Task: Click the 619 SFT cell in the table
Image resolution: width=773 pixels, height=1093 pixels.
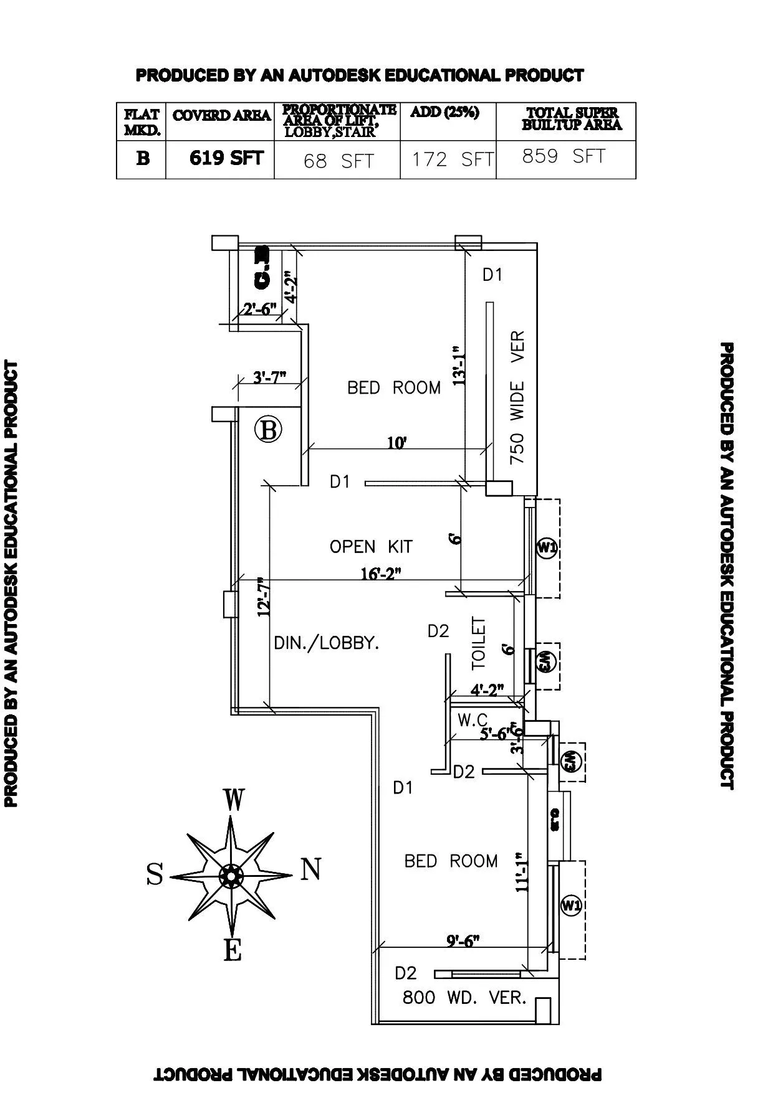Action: point(226,158)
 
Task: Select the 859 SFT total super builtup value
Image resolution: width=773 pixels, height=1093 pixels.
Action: point(564,156)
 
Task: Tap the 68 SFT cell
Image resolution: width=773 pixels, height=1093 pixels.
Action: point(338,161)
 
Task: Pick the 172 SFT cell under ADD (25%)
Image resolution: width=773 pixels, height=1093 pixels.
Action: point(452,160)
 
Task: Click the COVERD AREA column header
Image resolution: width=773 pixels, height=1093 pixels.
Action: point(221,116)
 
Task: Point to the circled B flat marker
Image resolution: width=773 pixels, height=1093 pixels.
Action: point(269,430)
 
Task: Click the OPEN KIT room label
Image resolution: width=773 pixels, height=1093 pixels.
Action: point(371,547)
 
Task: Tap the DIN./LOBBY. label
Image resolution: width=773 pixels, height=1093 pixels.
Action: point(327,643)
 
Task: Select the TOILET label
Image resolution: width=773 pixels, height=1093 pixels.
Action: point(479,643)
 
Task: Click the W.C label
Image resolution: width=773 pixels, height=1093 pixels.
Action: point(473,721)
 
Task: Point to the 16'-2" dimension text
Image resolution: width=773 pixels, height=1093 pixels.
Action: point(382,574)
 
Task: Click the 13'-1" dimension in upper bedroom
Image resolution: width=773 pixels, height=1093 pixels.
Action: point(459,366)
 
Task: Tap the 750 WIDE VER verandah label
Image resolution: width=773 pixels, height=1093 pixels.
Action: point(517,397)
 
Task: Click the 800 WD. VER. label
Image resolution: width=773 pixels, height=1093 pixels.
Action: point(464,998)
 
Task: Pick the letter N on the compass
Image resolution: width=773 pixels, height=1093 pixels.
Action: point(311,869)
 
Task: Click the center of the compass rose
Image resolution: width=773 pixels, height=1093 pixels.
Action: point(231,876)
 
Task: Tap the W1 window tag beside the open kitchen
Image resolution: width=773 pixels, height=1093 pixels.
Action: point(547,548)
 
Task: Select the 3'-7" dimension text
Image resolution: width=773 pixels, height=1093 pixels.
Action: point(269,377)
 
